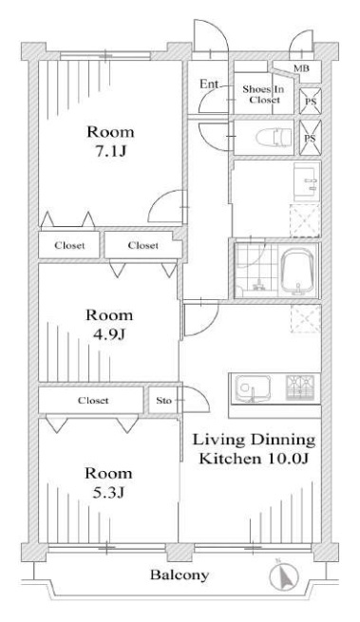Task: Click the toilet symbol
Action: pos(274,137)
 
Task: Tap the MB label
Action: pos(301,68)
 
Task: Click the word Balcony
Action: pos(180,575)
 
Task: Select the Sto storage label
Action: pos(163,400)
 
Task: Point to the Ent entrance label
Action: pos(208,85)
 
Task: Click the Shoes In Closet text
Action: pos(263,94)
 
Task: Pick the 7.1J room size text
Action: pos(111,151)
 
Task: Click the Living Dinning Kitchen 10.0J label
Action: pos(254,449)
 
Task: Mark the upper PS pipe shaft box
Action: pos(310,101)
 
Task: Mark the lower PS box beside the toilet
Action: pos(310,138)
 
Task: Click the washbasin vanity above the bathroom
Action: pos(307,181)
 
